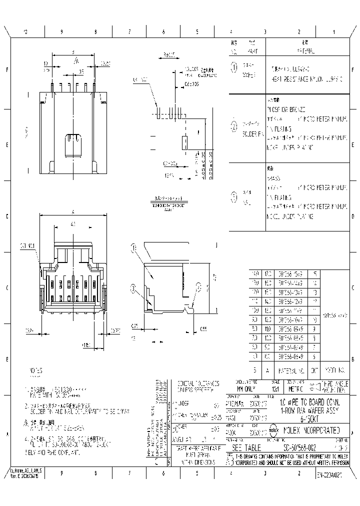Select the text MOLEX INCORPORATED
pos(312,430)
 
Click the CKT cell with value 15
pos(314,273)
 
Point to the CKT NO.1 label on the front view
pos(27,245)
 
